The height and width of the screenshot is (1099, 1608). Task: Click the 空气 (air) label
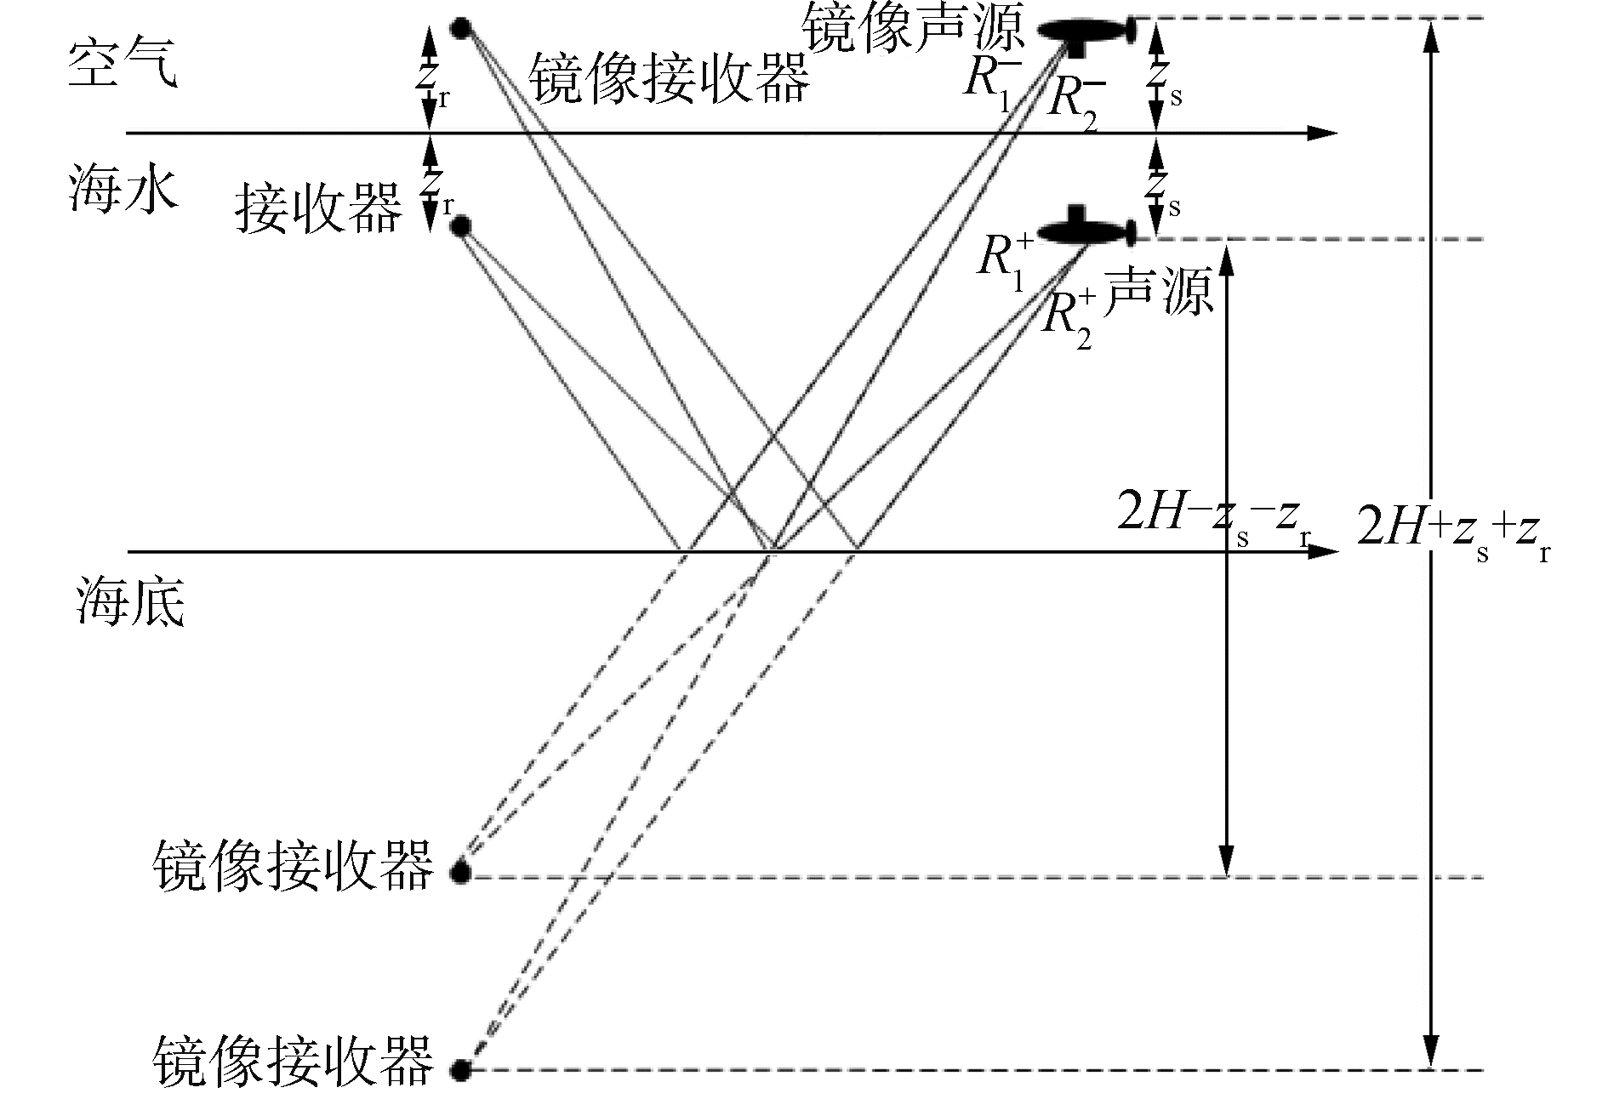pos(123,65)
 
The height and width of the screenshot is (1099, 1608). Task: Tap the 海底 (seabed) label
pos(130,605)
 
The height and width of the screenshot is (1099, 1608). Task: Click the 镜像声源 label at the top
pos(915,30)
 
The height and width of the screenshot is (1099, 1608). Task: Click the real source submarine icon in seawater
pos(1085,229)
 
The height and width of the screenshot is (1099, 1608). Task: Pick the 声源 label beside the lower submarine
pos(1157,293)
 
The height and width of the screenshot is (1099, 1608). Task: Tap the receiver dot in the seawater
pos(460,226)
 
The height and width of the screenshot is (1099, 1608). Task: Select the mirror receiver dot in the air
pos(460,29)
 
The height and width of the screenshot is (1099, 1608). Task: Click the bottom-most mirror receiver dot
pos(460,1069)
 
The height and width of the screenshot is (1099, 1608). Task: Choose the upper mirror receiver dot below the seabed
pos(460,873)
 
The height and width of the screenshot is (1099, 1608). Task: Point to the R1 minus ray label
pos(991,82)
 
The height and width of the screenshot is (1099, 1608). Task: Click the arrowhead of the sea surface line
pos(1323,133)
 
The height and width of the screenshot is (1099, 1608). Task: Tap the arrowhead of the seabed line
pos(1323,551)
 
